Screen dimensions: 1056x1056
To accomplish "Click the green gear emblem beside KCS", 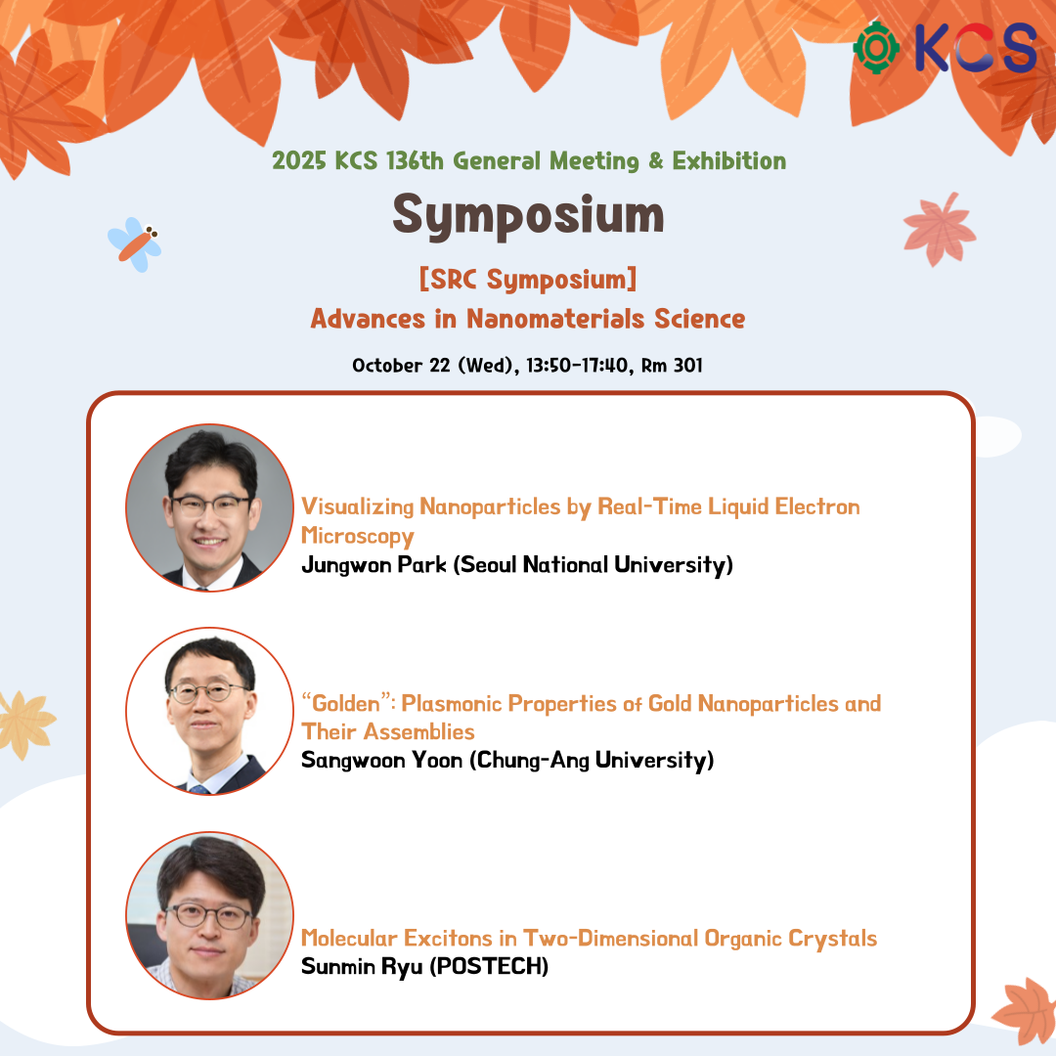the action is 875,48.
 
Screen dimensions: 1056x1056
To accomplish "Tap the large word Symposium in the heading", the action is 528,215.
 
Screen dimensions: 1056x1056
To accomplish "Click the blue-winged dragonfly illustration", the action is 135,244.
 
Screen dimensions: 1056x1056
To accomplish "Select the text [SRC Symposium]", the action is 528,279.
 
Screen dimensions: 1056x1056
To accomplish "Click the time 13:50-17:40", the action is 577,365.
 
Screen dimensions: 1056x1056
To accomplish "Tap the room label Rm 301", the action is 672,365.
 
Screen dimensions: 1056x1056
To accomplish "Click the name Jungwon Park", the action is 374,564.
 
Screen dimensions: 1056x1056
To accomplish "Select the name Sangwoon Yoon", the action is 382,760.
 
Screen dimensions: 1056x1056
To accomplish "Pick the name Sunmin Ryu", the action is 362,966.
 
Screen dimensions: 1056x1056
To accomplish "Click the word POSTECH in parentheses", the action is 489,966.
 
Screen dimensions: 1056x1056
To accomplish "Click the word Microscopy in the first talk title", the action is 358,536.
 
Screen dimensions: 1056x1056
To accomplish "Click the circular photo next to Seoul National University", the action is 209,507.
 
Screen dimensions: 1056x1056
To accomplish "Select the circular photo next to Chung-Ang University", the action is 209,711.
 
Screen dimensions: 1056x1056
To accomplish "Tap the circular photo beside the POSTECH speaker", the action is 209,916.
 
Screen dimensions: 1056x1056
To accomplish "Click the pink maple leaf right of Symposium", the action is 939,230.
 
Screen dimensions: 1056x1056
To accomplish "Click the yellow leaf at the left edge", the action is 24,724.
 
